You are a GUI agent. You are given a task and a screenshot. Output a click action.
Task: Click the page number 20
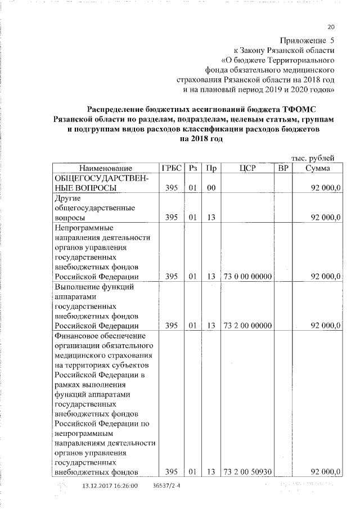pos(331,27)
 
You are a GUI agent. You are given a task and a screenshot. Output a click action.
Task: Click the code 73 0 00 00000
pos(247,276)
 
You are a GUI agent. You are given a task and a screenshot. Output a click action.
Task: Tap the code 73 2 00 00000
pos(247,326)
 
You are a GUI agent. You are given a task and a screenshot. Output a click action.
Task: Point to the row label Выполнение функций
pos(93,287)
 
